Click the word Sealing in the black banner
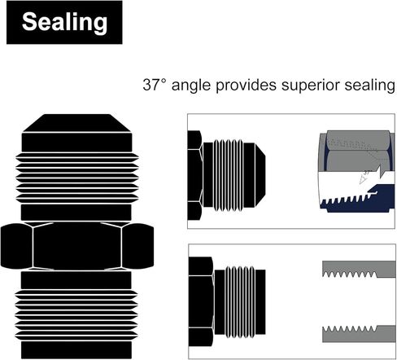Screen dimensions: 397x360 point(64,22)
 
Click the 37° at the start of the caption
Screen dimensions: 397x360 point(154,85)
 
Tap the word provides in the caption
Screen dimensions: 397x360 point(246,86)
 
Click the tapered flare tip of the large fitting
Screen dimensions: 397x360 point(77,123)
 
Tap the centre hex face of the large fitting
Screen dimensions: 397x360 point(77,246)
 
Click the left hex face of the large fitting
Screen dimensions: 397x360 point(17,246)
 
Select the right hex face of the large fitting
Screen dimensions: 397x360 point(138,246)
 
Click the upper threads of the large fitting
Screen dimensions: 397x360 point(77,178)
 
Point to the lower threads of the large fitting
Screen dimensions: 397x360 point(76,315)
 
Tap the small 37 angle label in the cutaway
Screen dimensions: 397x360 point(367,172)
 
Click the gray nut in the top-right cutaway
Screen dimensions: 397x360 point(356,151)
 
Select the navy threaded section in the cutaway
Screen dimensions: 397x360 point(357,199)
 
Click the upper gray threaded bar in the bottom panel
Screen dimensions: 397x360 point(359,269)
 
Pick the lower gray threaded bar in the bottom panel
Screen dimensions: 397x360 point(359,334)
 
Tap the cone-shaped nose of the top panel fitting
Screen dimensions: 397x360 point(260,175)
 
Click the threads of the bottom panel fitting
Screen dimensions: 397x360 point(240,302)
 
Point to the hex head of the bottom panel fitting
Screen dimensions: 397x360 point(201,301)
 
